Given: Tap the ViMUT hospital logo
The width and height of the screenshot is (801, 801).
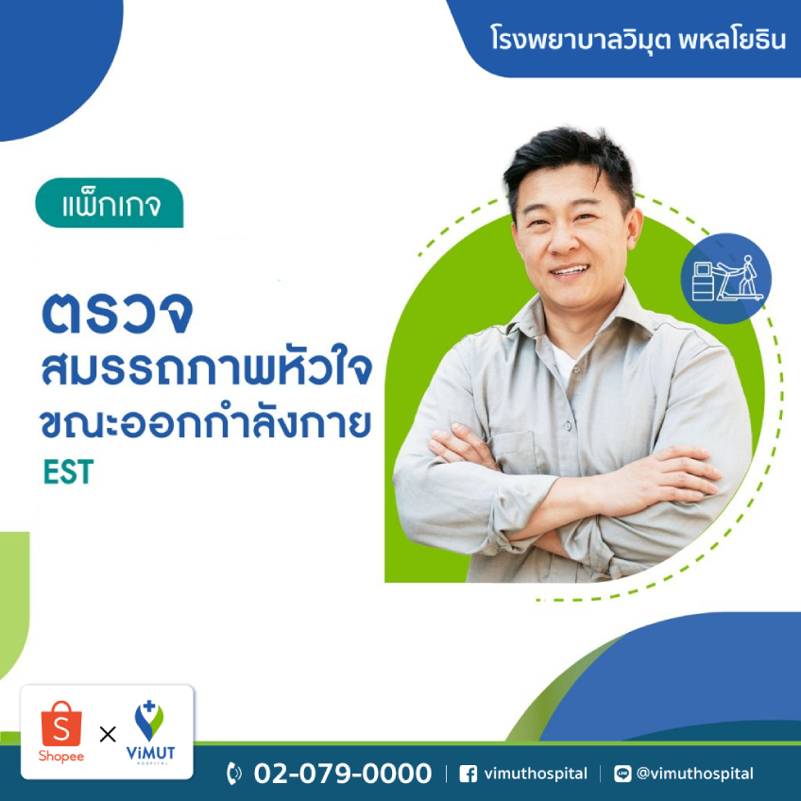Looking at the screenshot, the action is click(x=150, y=733).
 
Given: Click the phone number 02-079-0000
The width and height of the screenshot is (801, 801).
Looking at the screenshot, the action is click(x=343, y=774).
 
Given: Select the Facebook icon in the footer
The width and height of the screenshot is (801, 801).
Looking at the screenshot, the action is click(x=468, y=774).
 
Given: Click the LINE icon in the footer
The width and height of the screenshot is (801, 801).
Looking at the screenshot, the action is click(x=622, y=774).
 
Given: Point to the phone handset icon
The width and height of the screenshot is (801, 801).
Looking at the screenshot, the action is click(x=234, y=774).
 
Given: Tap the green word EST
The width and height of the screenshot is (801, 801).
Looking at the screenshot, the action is click(x=68, y=471).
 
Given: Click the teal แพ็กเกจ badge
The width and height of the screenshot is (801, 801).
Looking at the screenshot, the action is click(x=110, y=203).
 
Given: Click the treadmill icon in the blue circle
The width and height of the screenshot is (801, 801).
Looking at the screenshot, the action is click(x=727, y=279).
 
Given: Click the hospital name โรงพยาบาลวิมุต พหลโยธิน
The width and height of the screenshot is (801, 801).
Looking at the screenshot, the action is click(x=638, y=39).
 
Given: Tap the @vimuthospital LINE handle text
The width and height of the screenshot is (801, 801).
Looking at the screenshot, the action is click(x=695, y=774).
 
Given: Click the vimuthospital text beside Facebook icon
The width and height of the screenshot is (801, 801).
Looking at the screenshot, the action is click(x=536, y=774).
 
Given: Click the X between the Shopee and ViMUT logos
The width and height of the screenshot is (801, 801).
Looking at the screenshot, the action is click(x=108, y=735).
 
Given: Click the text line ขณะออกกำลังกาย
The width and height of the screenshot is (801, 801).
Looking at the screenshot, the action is click(x=205, y=423).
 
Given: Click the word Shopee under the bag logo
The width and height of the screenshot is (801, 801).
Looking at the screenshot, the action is click(x=61, y=757).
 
